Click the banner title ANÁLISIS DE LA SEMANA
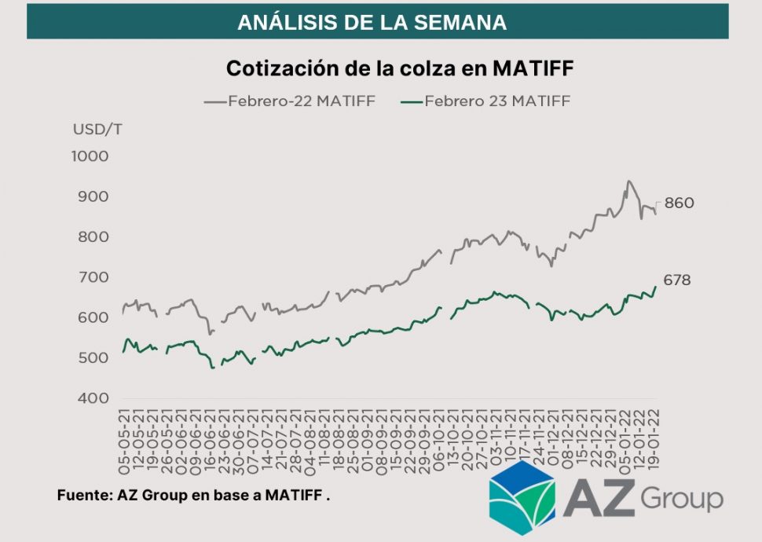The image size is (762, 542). point(372,22)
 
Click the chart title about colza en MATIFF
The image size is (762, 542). point(400,68)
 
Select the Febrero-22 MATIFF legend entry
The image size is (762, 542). point(290,101)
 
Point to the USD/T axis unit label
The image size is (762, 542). point(97,130)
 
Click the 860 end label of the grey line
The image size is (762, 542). point(679,203)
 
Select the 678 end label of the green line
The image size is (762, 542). point(677,280)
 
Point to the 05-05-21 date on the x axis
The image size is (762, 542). point(123,445)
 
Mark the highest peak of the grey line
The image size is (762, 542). point(628,181)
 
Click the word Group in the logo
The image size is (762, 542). point(681,498)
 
